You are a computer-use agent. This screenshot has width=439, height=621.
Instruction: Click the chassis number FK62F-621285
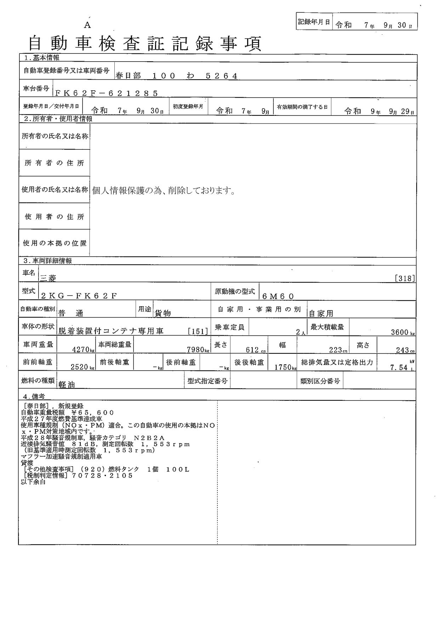tap(106, 93)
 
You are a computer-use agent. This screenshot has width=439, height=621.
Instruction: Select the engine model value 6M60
tap(278, 296)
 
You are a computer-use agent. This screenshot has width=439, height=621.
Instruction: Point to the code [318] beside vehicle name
tap(405, 279)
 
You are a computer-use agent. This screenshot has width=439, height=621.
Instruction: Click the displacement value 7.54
tap(399, 368)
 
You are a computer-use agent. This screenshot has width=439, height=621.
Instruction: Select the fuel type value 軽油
tap(66, 385)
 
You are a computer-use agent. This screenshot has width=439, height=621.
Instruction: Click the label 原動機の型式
tap(234, 292)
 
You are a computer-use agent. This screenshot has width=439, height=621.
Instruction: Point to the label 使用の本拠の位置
tap(55, 243)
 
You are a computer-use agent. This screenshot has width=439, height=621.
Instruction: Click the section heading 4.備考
tap(33, 396)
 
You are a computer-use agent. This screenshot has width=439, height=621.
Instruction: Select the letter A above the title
tap(87, 25)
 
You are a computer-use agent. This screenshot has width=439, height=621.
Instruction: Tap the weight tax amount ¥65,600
tap(90, 412)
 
